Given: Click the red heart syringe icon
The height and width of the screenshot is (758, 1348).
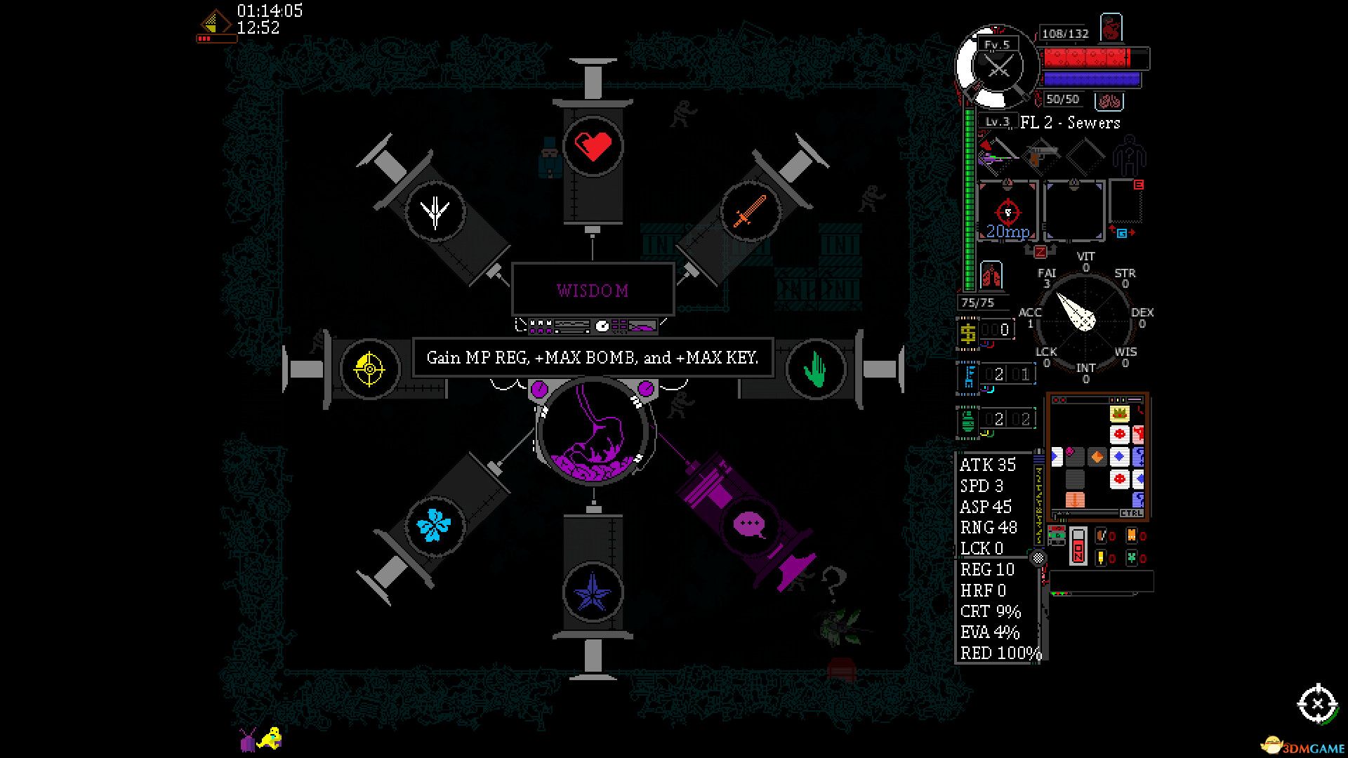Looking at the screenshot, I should click(593, 147).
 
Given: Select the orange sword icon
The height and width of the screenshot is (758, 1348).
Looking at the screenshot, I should click(750, 211).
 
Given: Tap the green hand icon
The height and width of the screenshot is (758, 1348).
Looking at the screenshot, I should click(815, 368).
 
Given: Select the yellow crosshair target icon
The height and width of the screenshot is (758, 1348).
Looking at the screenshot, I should click(369, 368).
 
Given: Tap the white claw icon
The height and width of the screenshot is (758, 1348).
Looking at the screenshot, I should click(435, 211).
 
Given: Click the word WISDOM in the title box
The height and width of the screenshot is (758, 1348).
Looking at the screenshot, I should click(593, 291).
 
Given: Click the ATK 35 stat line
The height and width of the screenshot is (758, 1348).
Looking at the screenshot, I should click(988, 465).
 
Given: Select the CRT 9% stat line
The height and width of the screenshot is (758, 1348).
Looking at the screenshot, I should click(990, 611).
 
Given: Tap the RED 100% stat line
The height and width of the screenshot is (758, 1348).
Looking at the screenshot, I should click(1000, 653).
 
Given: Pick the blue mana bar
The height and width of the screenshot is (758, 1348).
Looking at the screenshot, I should click(1091, 79).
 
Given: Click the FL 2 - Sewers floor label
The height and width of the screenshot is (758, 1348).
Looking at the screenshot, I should click(1070, 123).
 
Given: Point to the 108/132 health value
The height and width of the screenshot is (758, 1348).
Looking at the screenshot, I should click(1064, 34).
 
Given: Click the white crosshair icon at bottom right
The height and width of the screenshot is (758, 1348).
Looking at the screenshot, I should click(1317, 703).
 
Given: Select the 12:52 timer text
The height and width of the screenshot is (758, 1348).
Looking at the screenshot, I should click(258, 28).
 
